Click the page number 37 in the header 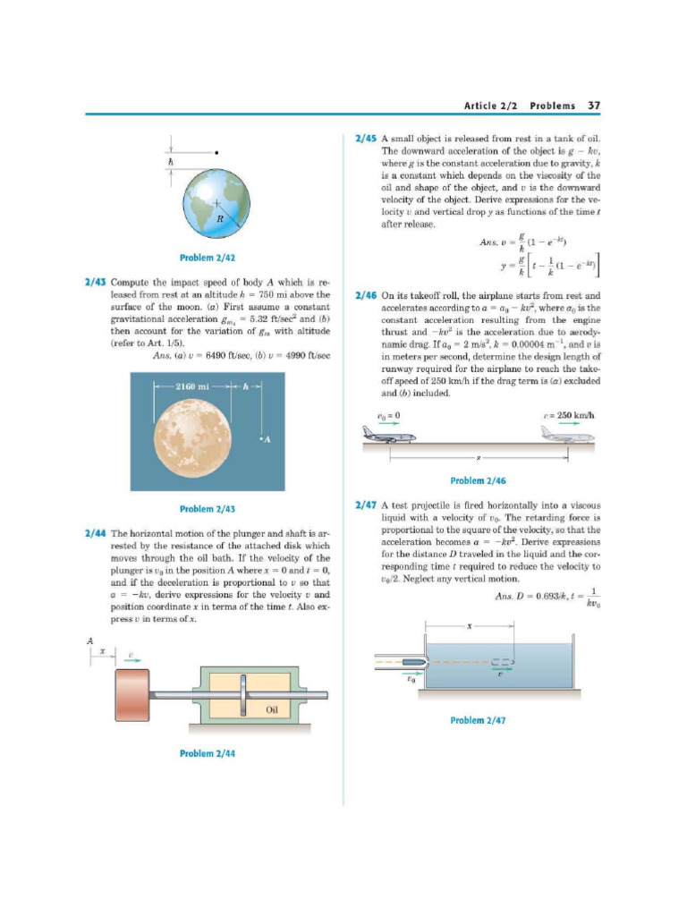tap(593, 105)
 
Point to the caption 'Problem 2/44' tap(208, 753)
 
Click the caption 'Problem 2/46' tap(479, 481)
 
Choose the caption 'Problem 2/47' tap(479, 720)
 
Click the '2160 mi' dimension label tap(191, 386)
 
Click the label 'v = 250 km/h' tap(567, 416)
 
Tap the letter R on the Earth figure tap(218, 217)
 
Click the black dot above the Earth tap(217, 153)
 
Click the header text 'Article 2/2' tap(492, 105)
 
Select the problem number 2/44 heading tap(96, 532)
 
